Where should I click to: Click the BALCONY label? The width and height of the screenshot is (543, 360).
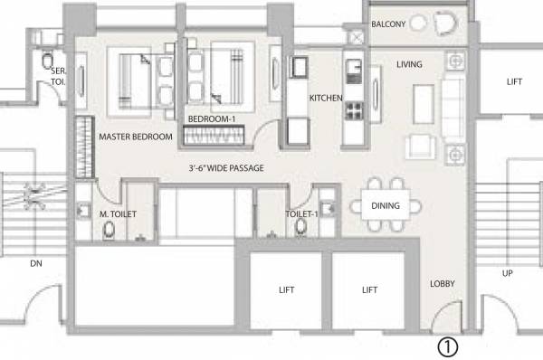click(390, 24)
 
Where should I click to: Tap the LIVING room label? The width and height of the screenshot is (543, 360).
click(411, 63)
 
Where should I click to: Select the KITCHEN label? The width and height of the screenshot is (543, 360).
click(325, 98)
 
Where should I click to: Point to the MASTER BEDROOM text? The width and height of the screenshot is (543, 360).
click(136, 137)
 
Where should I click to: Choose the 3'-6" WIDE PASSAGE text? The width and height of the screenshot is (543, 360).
click(225, 168)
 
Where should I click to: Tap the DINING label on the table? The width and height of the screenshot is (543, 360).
click(386, 206)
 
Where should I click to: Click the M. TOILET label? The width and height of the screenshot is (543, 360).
click(117, 214)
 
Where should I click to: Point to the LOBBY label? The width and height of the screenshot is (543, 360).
click(443, 283)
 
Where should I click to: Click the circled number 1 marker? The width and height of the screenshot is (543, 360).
click(448, 346)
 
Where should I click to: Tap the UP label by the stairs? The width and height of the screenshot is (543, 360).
click(509, 272)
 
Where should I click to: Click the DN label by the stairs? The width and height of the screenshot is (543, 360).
click(35, 264)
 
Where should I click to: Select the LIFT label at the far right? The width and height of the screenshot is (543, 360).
click(514, 81)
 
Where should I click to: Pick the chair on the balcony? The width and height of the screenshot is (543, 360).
click(446, 24)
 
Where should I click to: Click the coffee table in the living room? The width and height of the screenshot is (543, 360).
click(423, 102)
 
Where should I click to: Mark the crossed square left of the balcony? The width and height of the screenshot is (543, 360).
click(357, 37)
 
